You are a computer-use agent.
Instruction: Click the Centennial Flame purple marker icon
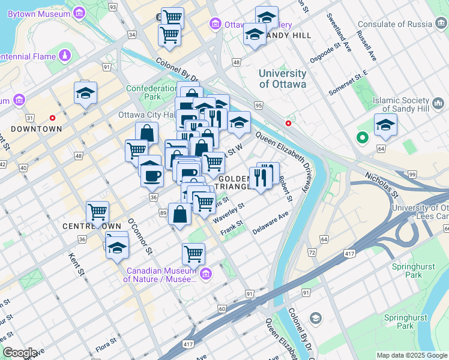(x=64, y=56)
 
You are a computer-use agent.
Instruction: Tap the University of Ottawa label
(x=282, y=79)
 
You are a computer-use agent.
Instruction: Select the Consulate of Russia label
(x=394, y=24)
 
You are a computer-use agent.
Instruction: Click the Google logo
(x=20, y=352)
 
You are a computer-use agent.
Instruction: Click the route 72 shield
(x=312, y=253)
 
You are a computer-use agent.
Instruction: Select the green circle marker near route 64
(x=361, y=138)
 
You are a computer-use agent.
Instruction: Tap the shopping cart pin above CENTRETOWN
(x=97, y=211)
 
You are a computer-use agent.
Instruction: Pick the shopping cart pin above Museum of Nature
(x=193, y=253)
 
